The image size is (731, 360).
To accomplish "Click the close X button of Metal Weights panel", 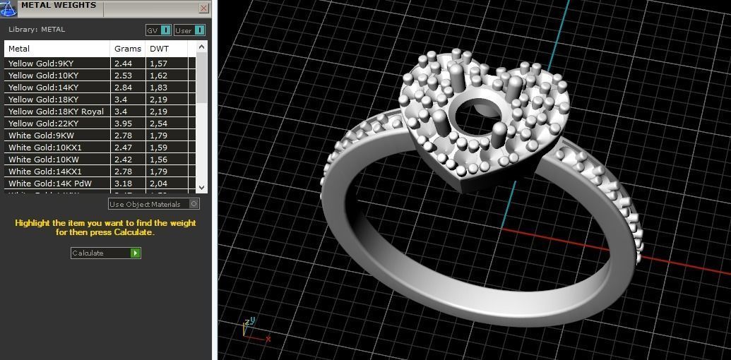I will (x=203, y=8).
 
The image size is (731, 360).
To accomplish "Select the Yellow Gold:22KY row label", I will (x=43, y=124).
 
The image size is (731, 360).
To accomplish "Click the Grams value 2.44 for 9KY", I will (x=123, y=64).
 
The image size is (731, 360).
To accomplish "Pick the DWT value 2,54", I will (x=158, y=124).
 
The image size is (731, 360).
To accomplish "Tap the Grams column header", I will (x=127, y=49).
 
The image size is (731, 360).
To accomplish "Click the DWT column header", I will (x=159, y=49).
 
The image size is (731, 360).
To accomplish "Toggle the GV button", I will (x=158, y=30).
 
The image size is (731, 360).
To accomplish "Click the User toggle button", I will (x=189, y=30).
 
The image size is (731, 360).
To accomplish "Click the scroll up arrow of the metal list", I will (x=202, y=47).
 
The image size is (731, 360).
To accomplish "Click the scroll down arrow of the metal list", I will (x=202, y=187).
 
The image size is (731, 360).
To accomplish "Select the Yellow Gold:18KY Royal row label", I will (x=56, y=112).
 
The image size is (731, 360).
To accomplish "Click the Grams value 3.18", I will (x=123, y=184).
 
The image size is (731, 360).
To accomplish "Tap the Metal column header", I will (x=19, y=49).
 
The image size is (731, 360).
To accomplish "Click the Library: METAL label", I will (x=37, y=30).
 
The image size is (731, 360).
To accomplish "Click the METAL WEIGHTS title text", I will (x=58, y=6).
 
